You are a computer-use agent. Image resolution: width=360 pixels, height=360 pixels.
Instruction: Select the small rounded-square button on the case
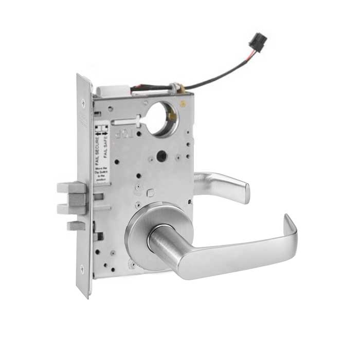click(150, 193)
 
